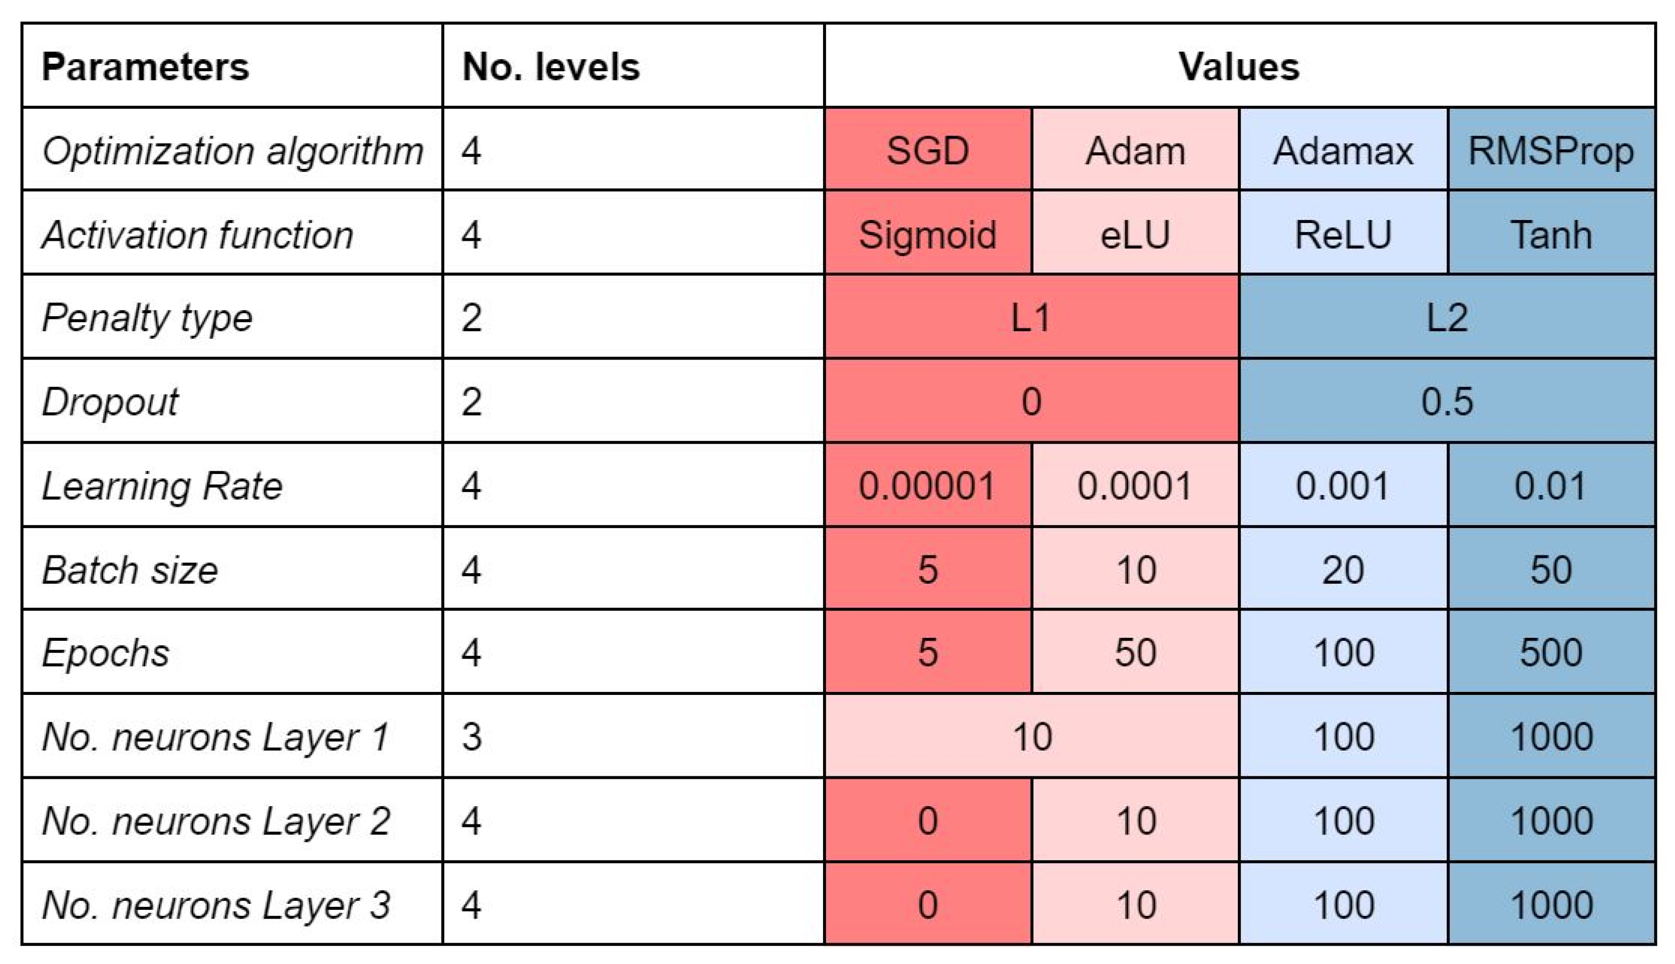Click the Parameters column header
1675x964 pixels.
tap(145, 67)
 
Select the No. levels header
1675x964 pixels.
tap(551, 67)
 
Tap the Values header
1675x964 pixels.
tap(1239, 67)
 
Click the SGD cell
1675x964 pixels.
tap(927, 150)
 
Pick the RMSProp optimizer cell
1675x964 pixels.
tap(1551, 150)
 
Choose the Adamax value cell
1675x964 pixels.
tap(1343, 150)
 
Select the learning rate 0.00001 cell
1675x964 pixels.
tap(927, 486)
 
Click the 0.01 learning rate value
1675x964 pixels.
tap(1551, 486)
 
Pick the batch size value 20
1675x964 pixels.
tap(1343, 569)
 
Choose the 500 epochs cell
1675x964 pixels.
tap(1551, 653)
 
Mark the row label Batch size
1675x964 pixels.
tap(130, 569)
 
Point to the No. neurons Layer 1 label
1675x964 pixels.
tap(215, 736)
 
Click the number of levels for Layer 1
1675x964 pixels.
tap(471, 736)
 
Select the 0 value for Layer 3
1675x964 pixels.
tap(927, 904)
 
